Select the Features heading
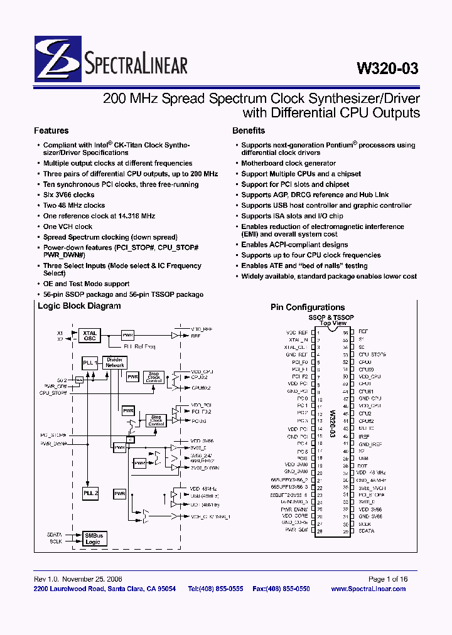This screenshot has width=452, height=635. (x=51, y=131)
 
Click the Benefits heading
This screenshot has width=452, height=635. (x=249, y=131)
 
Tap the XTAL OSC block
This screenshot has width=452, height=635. (x=88, y=335)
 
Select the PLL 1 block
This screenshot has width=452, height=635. (x=90, y=363)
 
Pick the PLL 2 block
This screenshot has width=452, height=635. (x=90, y=494)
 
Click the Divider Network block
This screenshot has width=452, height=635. (x=115, y=363)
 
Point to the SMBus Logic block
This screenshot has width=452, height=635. (x=93, y=538)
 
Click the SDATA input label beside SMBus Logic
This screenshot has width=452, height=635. (x=55, y=535)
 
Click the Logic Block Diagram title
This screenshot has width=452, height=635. (x=79, y=306)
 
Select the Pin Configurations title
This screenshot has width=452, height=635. (x=308, y=307)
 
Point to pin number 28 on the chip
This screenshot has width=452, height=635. (x=319, y=531)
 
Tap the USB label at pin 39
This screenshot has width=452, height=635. (x=363, y=458)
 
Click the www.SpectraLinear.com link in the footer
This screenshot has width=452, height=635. (x=368, y=589)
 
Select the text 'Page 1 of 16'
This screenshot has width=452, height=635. (x=388, y=579)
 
